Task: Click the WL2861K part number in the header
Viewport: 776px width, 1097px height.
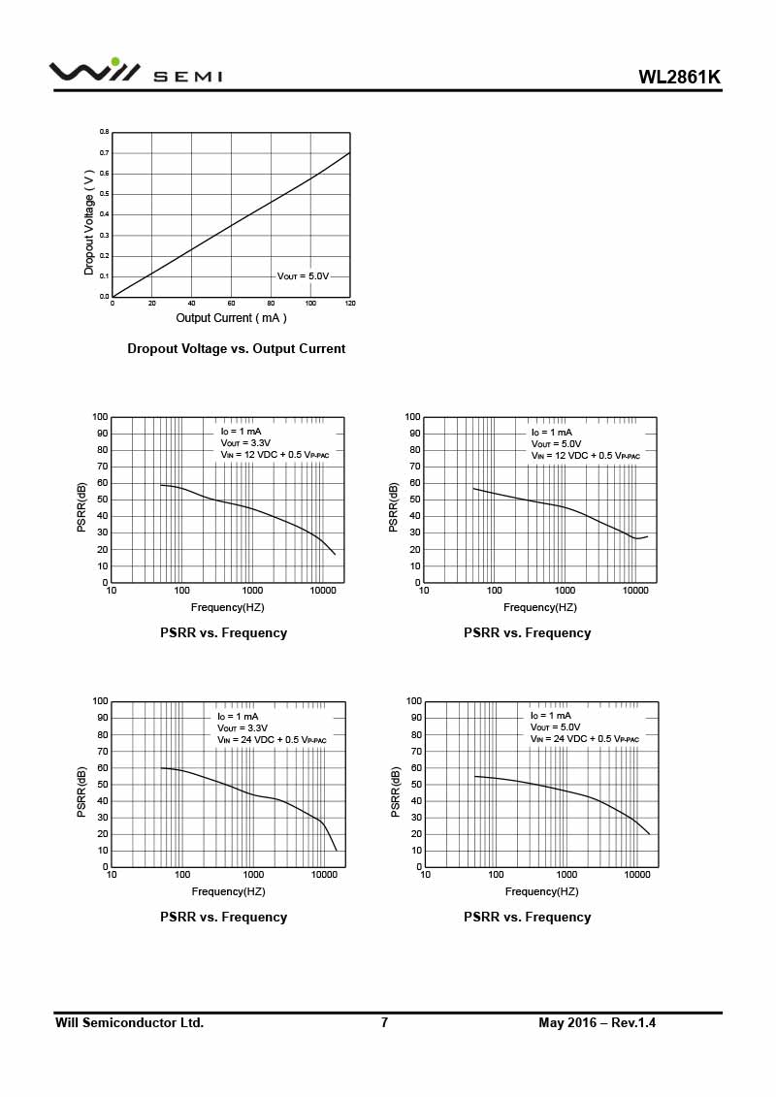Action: [x=679, y=78]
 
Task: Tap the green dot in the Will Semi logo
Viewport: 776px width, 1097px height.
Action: [x=115, y=62]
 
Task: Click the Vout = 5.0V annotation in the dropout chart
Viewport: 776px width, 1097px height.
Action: [x=304, y=276]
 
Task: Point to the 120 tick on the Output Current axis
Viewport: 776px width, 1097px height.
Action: [x=350, y=304]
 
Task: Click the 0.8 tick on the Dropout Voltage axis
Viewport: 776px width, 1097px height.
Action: [x=104, y=132]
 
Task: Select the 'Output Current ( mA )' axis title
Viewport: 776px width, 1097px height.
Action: [x=231, y=318]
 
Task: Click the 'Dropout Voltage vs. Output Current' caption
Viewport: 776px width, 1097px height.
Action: [x=236, y=349]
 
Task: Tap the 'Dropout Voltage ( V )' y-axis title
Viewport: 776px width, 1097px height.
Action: [x=89, y=223]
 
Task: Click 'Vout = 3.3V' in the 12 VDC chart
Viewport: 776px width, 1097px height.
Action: [x=245, y=443]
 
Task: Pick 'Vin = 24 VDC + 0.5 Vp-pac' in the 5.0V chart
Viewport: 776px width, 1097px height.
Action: [x=585, y=739]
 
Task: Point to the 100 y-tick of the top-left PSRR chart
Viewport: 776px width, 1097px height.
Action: [x=100, y=417]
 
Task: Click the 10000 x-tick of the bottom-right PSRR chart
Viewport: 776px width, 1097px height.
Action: [x=636, y=875]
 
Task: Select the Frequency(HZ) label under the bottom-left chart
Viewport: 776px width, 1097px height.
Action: [x=228, y=891]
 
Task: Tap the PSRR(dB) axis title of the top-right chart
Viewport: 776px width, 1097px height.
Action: [x=394, y=506]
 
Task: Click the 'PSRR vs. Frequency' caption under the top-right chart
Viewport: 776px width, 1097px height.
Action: [x=527, y=633]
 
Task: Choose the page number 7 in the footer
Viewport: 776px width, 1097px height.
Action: [x=384, y=1023]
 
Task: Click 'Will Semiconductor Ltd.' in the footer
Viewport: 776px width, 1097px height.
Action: [x=129, y=1023]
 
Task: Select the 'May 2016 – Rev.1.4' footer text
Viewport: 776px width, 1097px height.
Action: [x=597, y=1023]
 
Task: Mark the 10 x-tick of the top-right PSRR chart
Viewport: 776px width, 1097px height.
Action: [x=424, y=591]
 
